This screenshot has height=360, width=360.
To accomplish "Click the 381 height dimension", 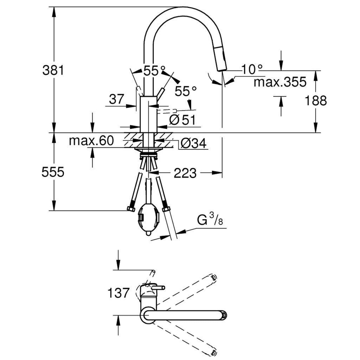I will [53, 71].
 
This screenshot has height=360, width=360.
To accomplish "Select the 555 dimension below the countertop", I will [53, 172].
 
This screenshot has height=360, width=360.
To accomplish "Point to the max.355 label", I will [280, 82].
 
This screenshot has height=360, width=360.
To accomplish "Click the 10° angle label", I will [251, 70].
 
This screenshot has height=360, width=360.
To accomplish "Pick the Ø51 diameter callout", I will [183, 120].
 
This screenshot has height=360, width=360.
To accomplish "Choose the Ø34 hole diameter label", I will [193, 144].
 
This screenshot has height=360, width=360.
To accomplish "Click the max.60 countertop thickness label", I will [91, 141].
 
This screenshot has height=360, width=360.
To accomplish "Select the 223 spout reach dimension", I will [185, 173].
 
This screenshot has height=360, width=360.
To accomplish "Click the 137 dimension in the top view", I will [119, 293].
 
